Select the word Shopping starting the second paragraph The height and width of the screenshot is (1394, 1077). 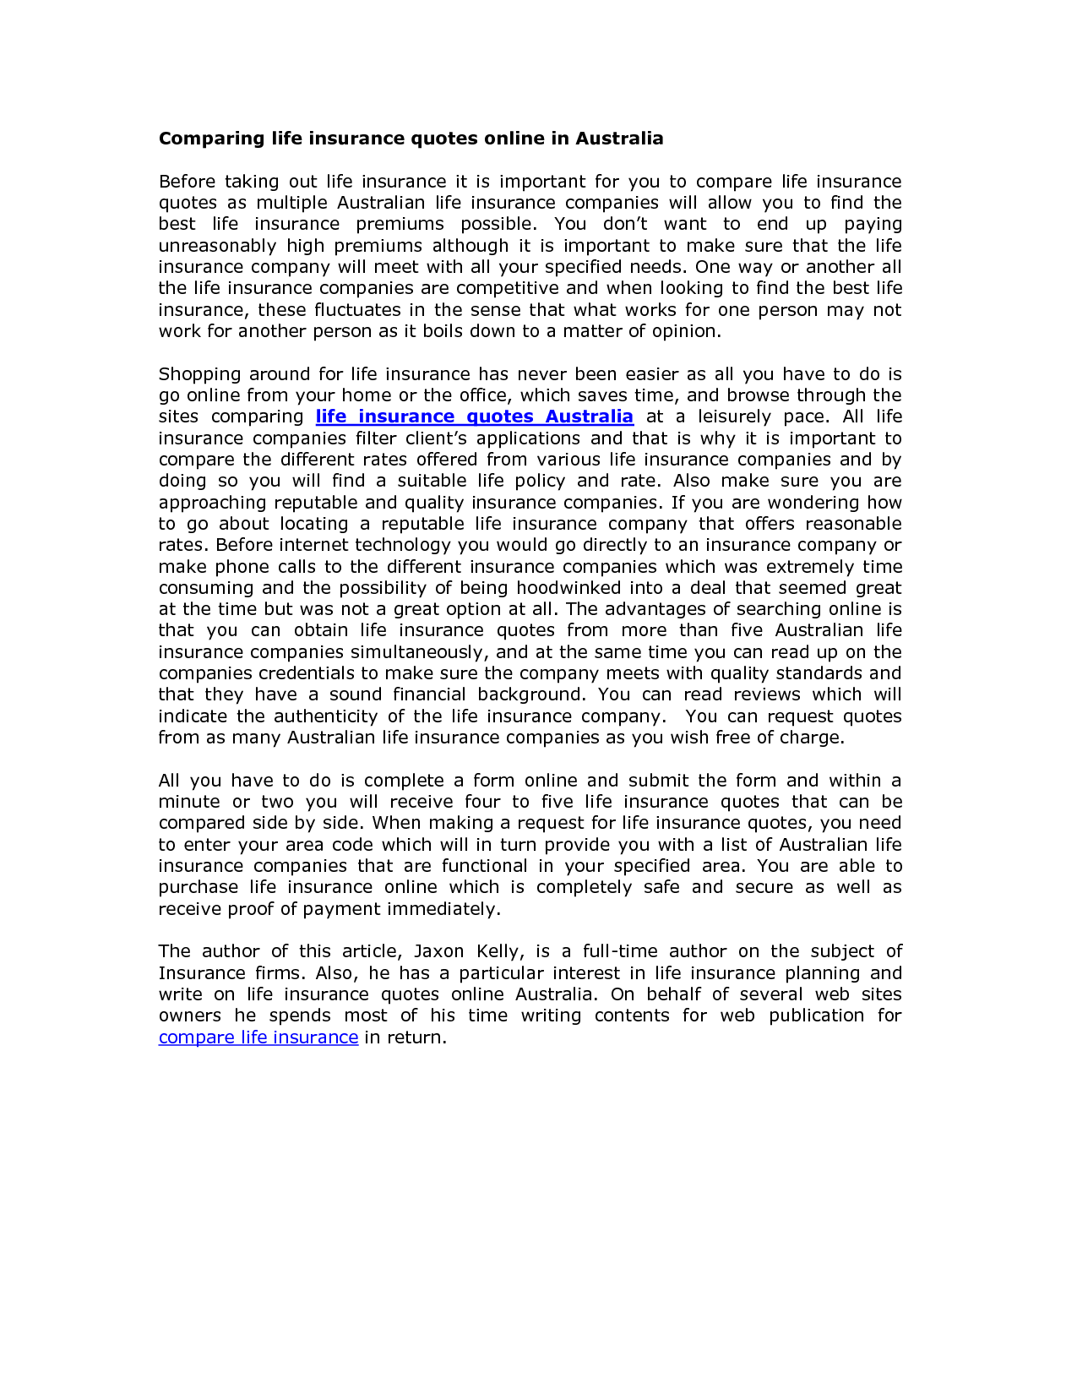(x=196, y=374)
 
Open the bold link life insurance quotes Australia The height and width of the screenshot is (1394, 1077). (x=474, y=417)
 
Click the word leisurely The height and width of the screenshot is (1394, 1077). (x=734, y=417)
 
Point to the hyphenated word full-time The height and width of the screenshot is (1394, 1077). (x=619, y=952)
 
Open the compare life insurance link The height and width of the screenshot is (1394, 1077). (x=258, y=1037)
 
